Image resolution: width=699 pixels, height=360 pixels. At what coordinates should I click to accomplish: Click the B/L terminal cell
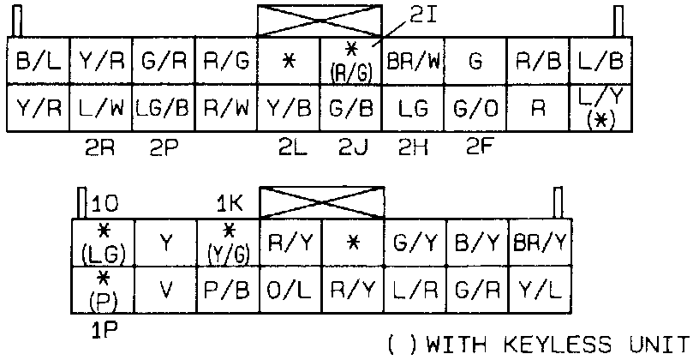point(38,62)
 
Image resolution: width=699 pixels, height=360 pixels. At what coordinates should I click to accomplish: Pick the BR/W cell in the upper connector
point(414,62)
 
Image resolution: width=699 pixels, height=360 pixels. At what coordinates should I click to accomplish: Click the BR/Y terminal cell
point(538,243)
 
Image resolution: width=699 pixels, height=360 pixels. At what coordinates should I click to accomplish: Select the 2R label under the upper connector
point(101,147)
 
